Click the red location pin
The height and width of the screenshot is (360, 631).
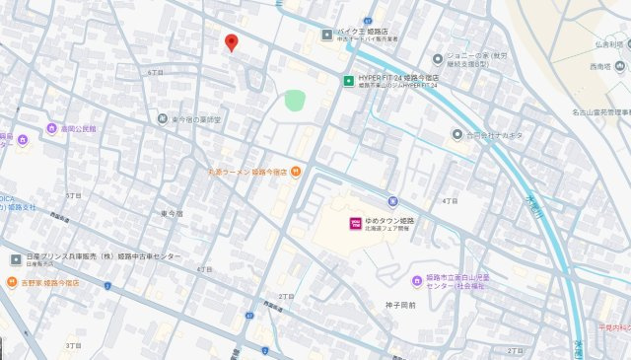click(231, 42)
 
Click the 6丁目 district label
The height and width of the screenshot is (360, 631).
click(154, 73)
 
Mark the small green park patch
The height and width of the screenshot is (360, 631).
click(295, 100)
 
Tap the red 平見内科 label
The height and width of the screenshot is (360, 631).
click(612, 326)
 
